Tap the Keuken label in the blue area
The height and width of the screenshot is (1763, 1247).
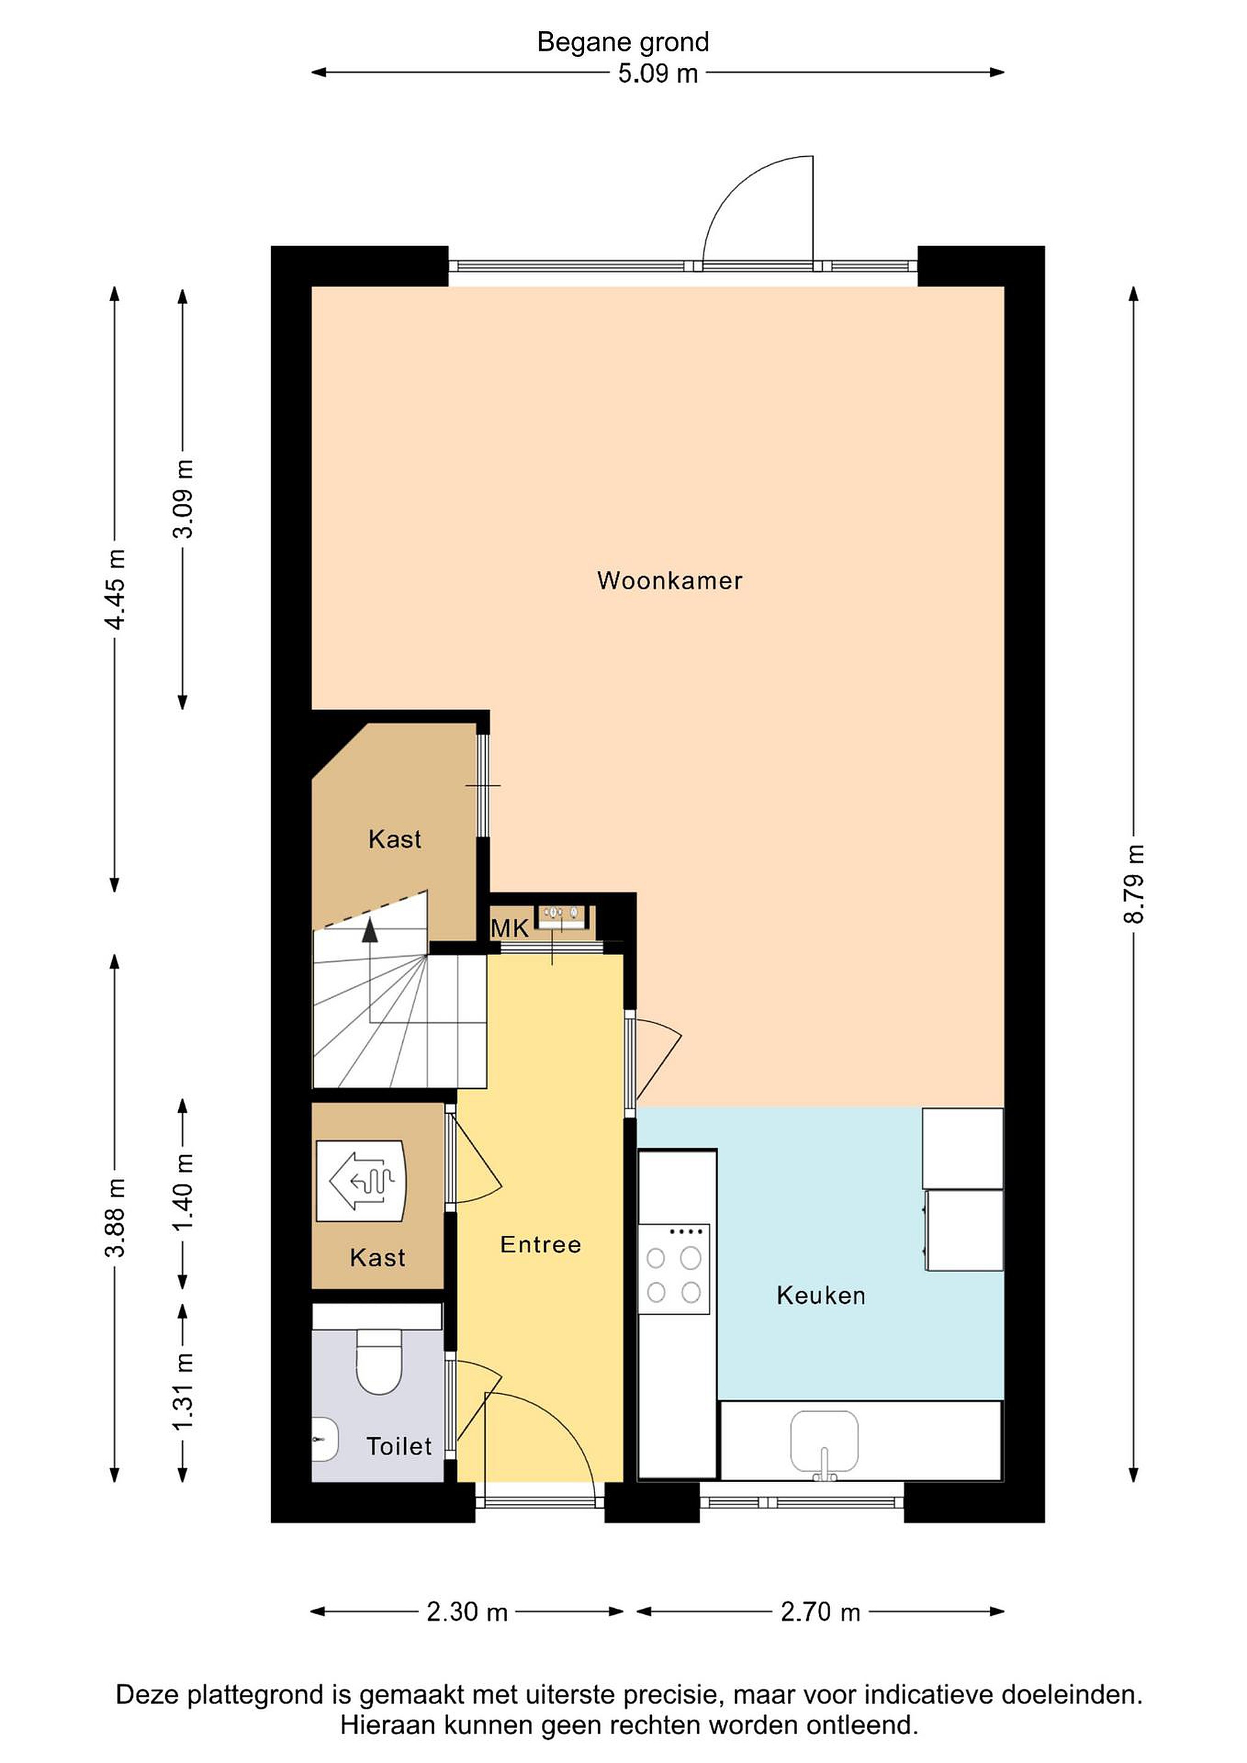[821, 1295]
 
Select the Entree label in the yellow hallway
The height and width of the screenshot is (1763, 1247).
[541, 1244]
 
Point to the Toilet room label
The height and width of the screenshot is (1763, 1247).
[399, 1447]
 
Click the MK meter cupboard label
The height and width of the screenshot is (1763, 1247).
[510, 929]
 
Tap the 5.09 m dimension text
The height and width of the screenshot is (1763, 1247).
[658, 73]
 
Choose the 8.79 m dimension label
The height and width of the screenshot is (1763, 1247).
[1133, 884]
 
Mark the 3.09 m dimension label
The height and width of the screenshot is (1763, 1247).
[183, 498]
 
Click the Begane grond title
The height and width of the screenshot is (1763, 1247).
[623, 42]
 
